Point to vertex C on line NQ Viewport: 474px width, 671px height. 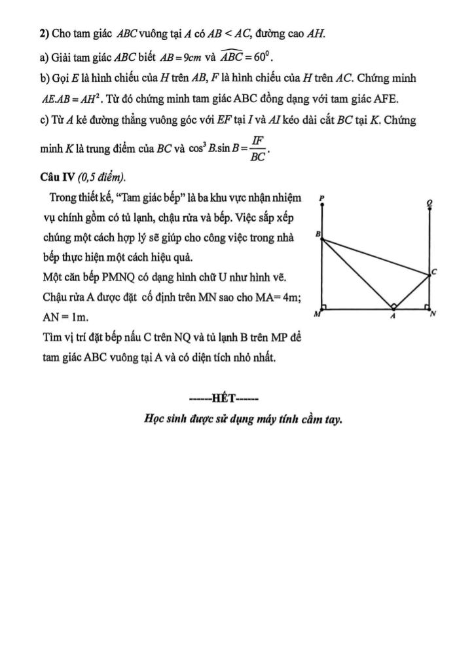(x=429, y=276)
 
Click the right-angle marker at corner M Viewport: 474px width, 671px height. (x=325, y=306)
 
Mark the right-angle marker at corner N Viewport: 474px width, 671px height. (x=426, y=306)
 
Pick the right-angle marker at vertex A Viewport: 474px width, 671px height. (x=393, y=305)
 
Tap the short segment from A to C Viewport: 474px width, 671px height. (x=412, y=291)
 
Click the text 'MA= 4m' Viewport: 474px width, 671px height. (x=278, y=297)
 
